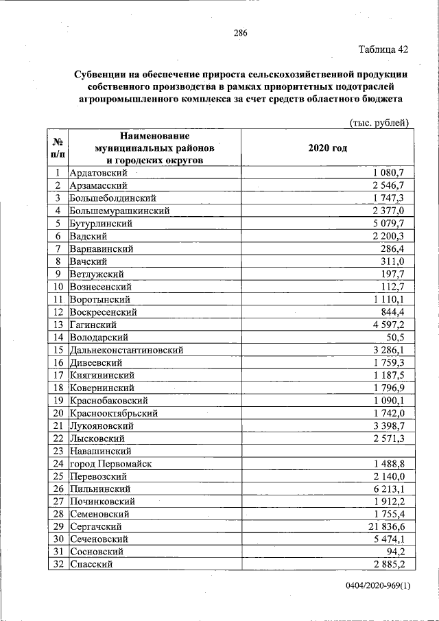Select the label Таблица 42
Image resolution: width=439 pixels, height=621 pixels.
pyautogui.click(x=383, y=49)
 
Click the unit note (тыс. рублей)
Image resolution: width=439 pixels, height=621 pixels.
pyautogui.click(x=379, y=122)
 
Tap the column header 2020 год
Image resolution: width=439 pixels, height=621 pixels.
pyautogui.click(x=328, y=148)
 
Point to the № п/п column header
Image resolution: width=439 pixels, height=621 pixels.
pyautogui.click(x=58, y=148)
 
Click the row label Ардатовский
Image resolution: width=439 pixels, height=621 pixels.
pyautogui.click(x=99, y=173)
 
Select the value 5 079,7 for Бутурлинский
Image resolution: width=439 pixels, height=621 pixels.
pyautogui.click(x=391, y=224)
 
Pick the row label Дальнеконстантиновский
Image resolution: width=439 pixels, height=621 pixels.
pyautogui.click(x=126, y=350)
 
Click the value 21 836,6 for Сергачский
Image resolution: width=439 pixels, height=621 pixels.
pyautogui.click(x=388, y=526)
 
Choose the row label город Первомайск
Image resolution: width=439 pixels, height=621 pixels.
pyautogui.click(x=110, y=463)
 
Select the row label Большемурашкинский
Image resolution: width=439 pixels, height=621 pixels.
pyautogui.click(x=119, y=211)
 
